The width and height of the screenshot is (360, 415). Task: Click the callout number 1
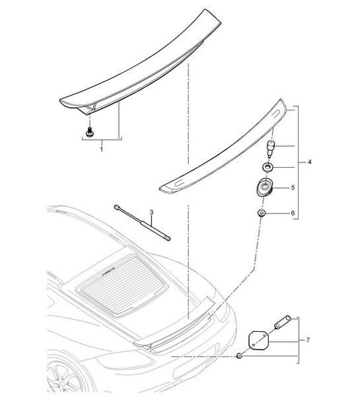pos(100,150)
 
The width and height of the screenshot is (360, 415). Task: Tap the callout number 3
pos(151,212)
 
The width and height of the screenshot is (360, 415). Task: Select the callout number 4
pos(310,161)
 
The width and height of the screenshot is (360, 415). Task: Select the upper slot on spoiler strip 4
pos(272,115)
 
